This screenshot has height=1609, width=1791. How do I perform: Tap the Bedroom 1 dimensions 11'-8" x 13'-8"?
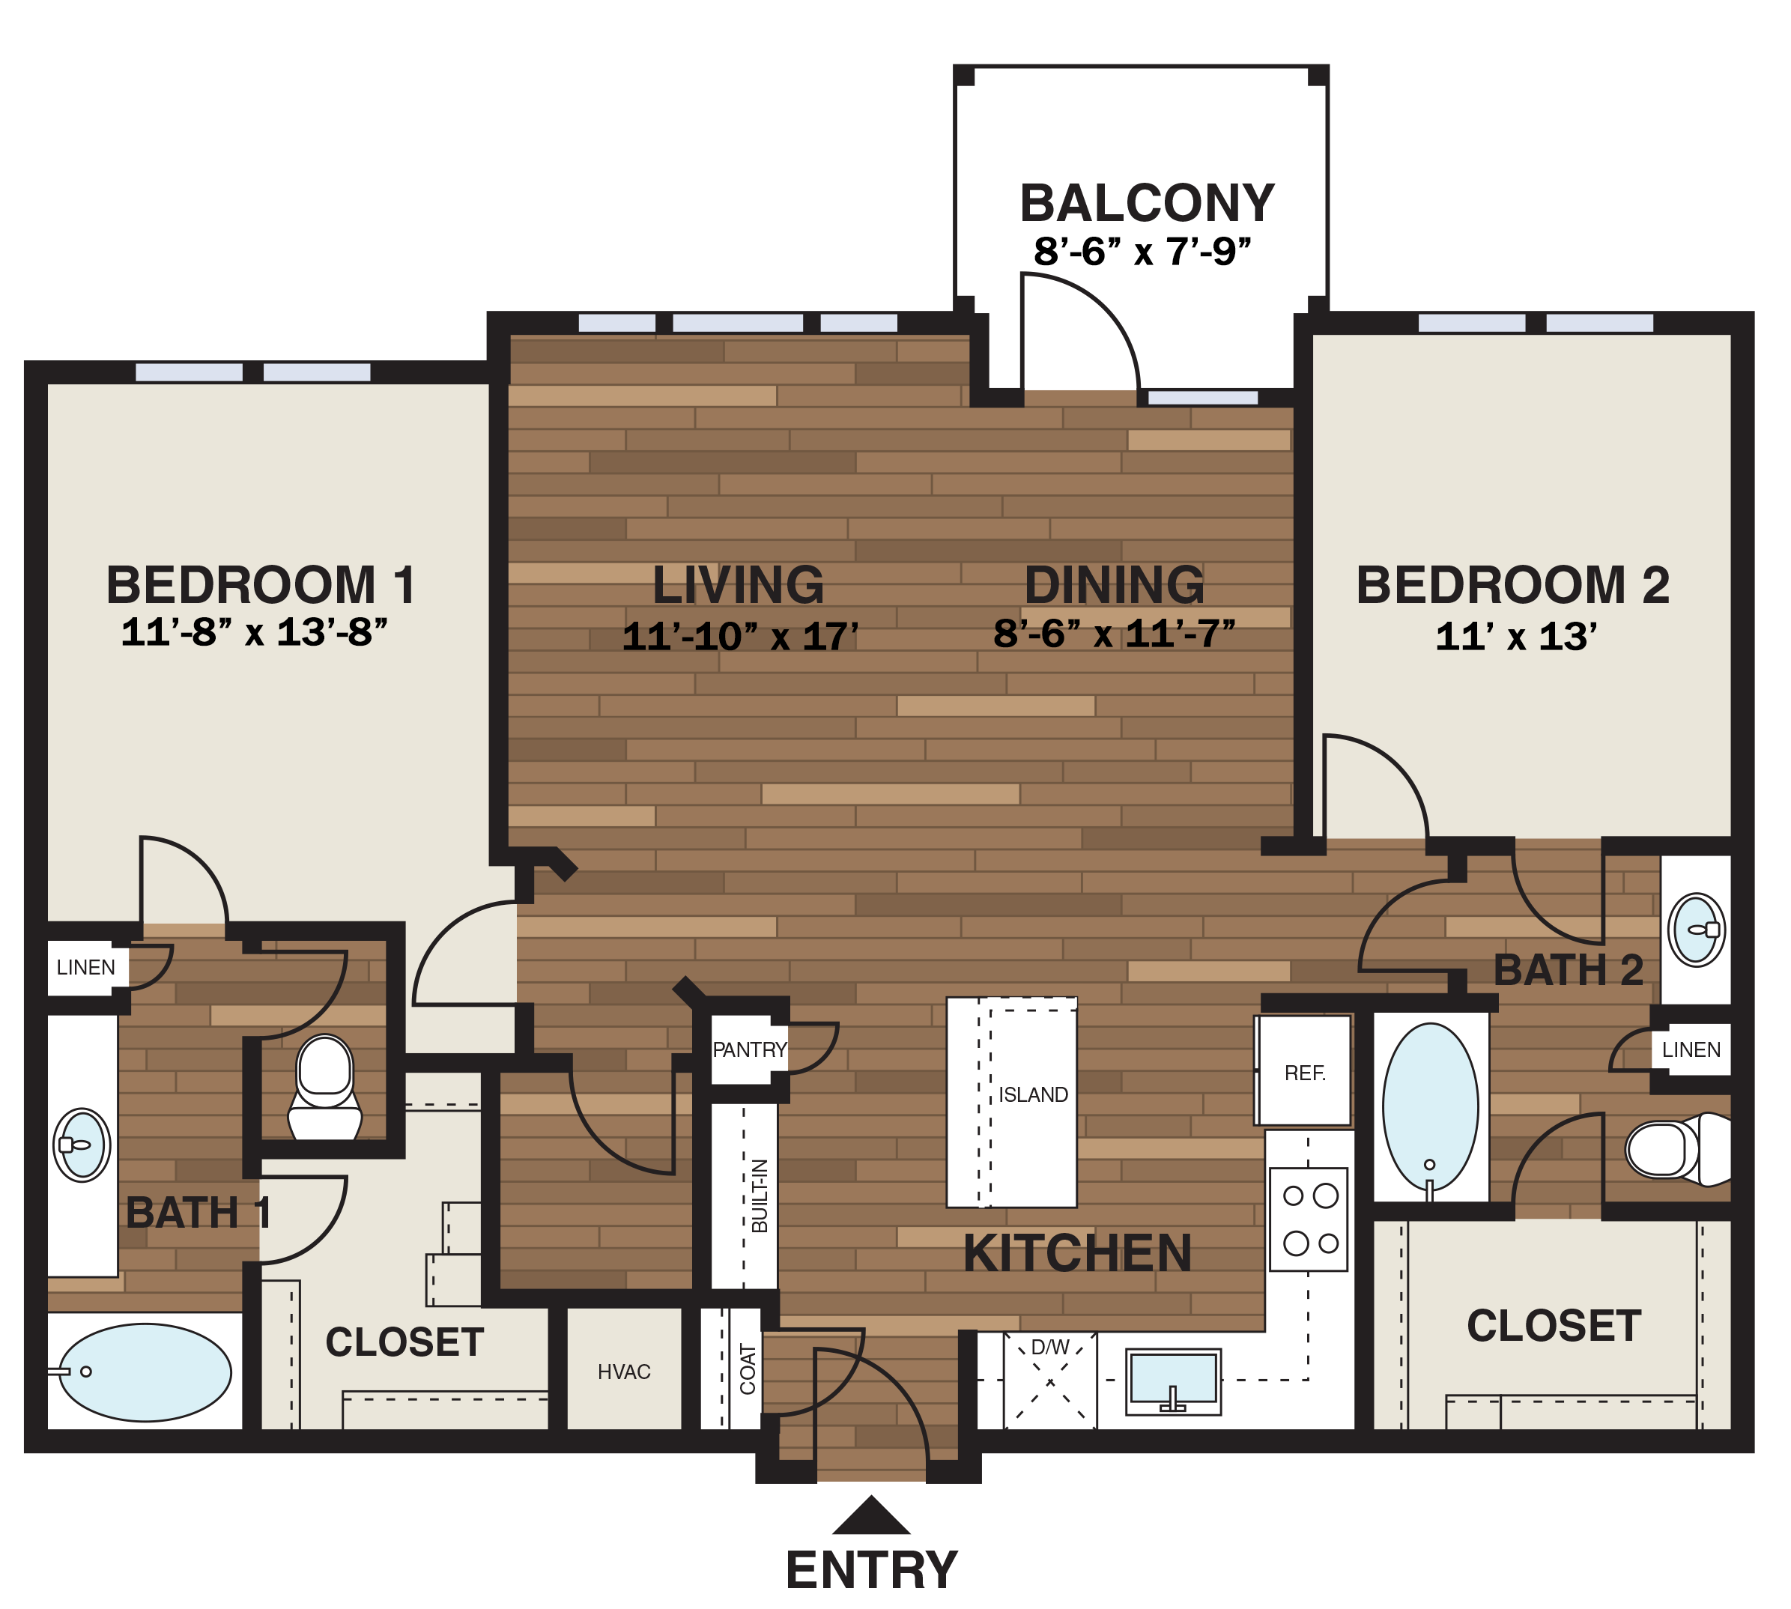coord(254,633)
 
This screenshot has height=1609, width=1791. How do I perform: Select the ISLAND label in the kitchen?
coord(1032,1094)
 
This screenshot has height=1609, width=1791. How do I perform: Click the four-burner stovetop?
coord(1309,1219)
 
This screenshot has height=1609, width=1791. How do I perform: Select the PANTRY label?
coord(749,1049)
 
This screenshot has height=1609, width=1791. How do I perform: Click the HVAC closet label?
coord(623,1372)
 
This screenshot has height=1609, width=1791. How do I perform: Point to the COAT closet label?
coord(748,1369)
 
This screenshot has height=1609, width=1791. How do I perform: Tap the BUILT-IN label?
coord(760,1196)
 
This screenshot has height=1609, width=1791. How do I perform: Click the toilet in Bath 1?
coord(324,1088)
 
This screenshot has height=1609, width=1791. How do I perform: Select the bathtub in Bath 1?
coord(145,1372)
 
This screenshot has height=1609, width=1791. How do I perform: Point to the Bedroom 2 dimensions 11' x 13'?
coord(1515,637)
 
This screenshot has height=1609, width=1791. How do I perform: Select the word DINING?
coord(1114,584)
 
